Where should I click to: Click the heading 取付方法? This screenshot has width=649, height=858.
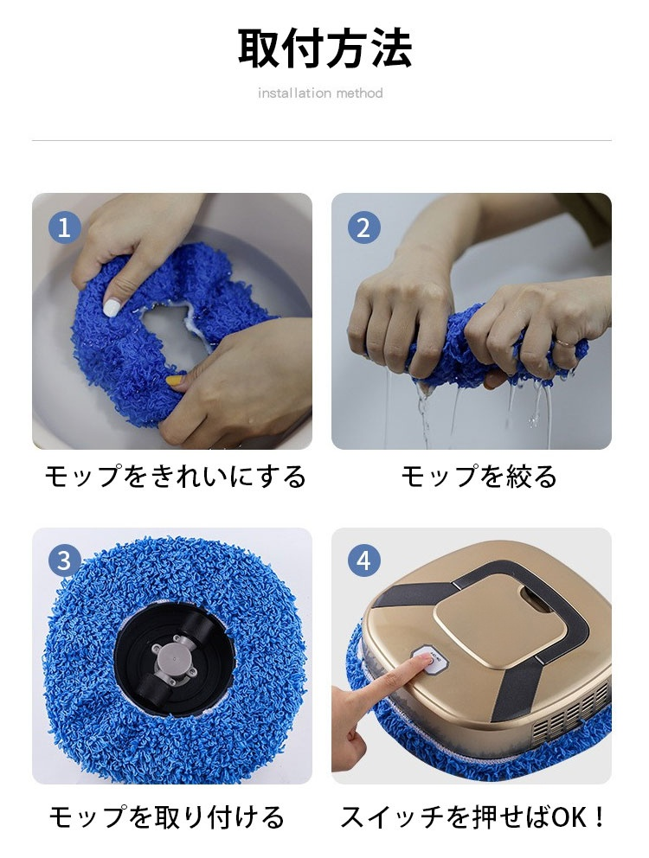tap(324, 48)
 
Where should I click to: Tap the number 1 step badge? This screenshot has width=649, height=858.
tap(65, 228)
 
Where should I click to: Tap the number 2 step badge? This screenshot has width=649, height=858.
tap(364, 228)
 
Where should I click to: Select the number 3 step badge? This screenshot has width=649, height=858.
tap(65, 561)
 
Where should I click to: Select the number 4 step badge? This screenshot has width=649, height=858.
tap(364, 561)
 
